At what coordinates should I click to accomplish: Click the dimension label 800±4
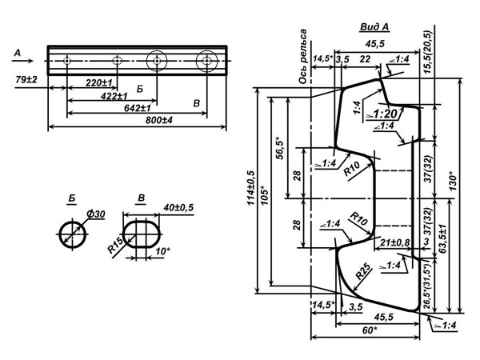159,120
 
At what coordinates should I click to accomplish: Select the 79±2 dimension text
26,79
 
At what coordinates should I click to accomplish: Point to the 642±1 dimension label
138,108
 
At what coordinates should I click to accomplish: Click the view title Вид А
374,27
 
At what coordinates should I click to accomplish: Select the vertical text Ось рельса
302,56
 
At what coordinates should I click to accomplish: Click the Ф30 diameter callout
96,214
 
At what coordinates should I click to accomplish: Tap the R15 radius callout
116,245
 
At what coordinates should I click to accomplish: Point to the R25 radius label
364,271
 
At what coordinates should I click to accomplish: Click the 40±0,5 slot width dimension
178,207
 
